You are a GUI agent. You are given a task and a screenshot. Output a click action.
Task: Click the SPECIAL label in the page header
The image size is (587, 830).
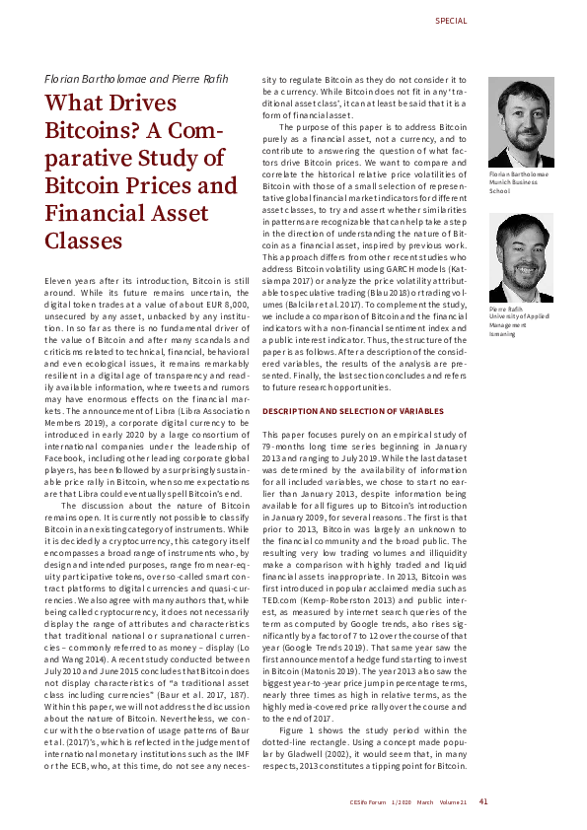pos(451,21)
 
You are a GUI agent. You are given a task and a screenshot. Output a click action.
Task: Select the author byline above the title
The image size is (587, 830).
pos(120,78)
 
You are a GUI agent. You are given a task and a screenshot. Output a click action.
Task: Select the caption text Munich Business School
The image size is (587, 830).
pos(509,187)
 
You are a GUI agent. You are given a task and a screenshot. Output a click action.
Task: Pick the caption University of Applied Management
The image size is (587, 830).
pos(519,320)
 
